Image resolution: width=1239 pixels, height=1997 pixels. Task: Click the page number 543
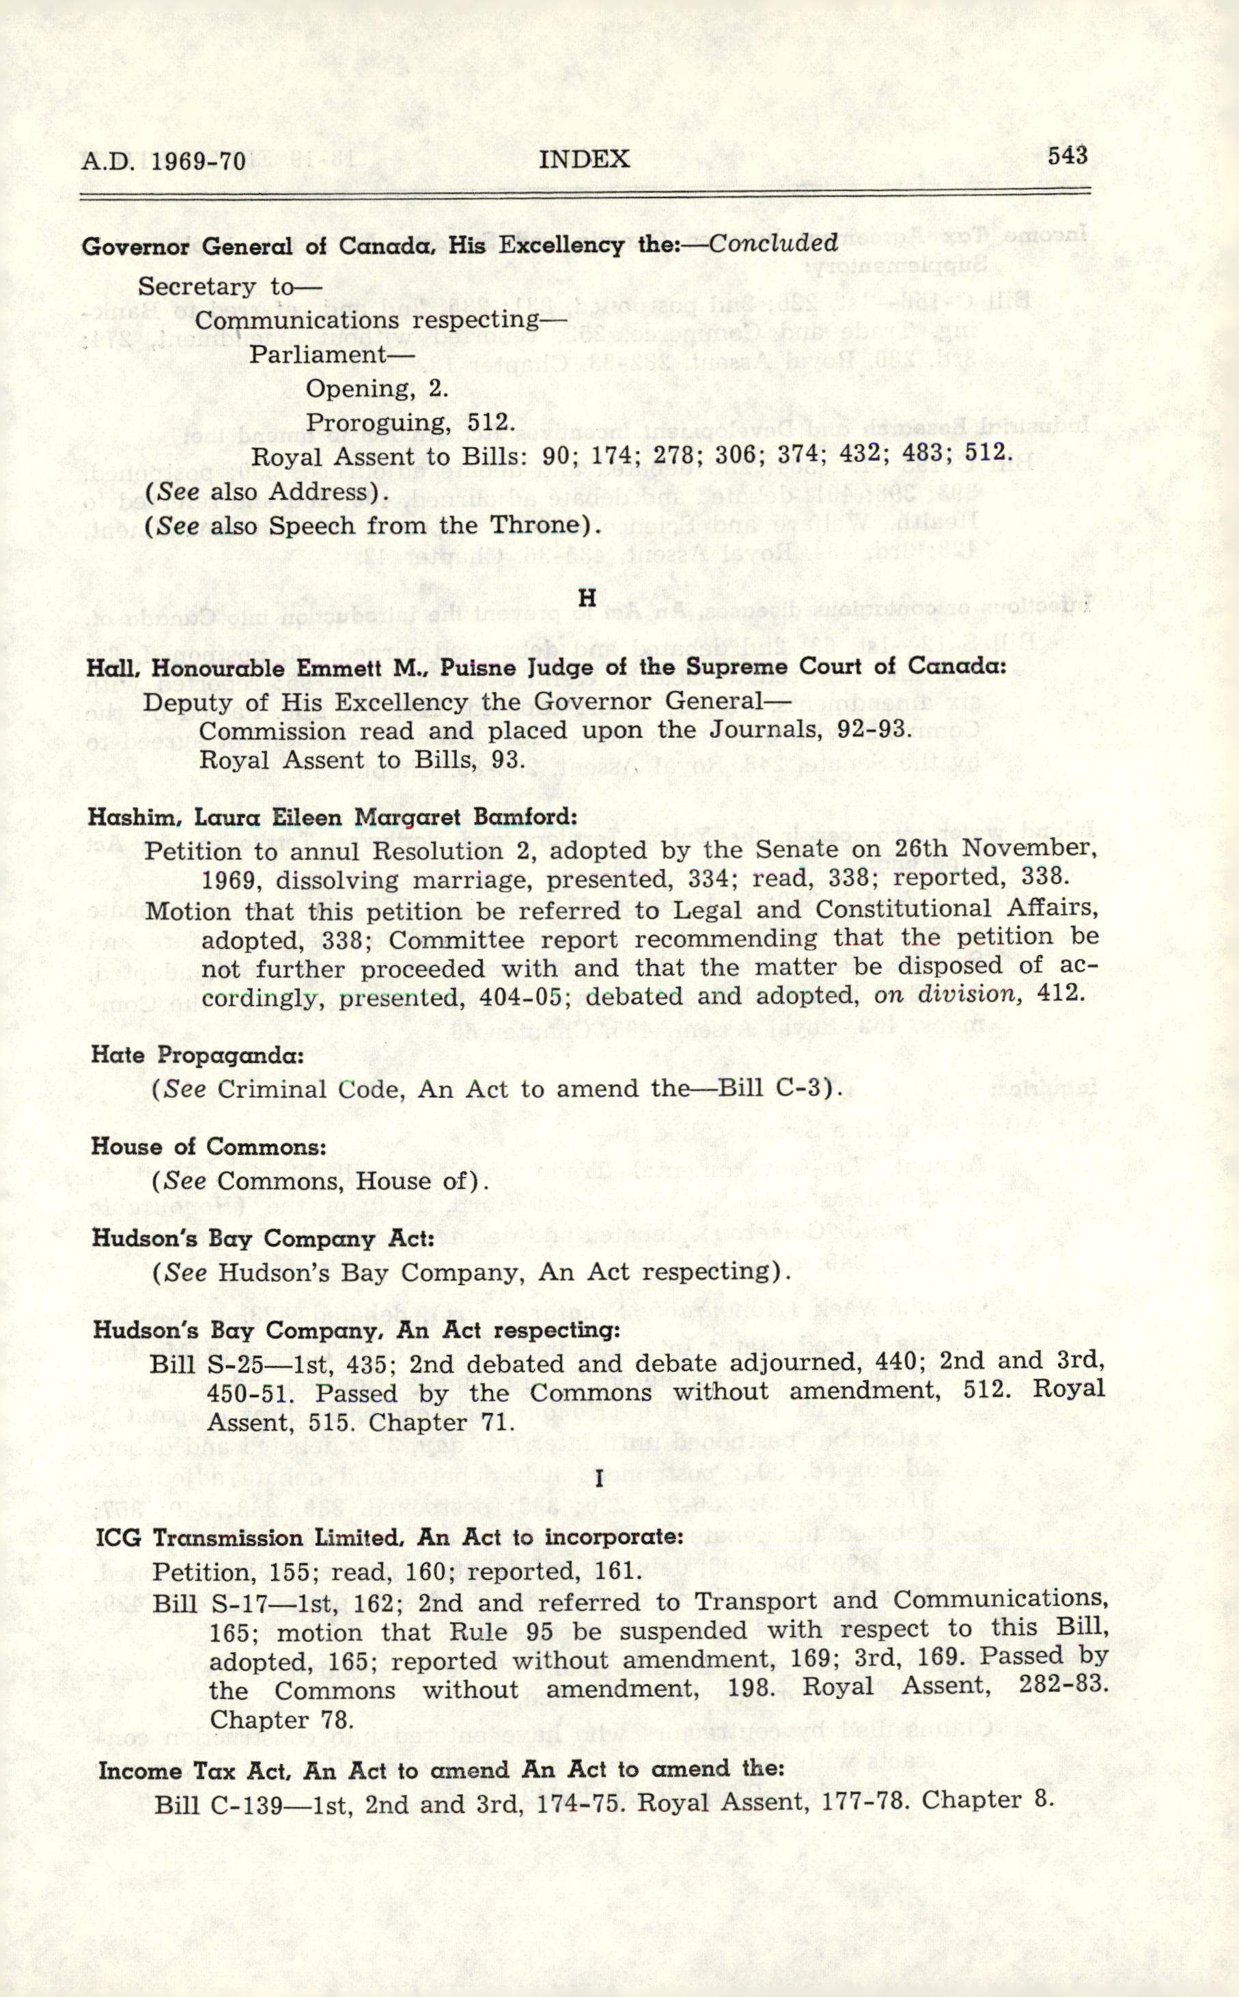[1067, 155]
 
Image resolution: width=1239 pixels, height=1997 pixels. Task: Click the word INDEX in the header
[584, 159]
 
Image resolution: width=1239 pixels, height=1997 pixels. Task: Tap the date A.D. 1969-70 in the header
[163, 161]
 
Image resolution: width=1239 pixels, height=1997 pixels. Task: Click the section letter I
[600, 1478]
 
